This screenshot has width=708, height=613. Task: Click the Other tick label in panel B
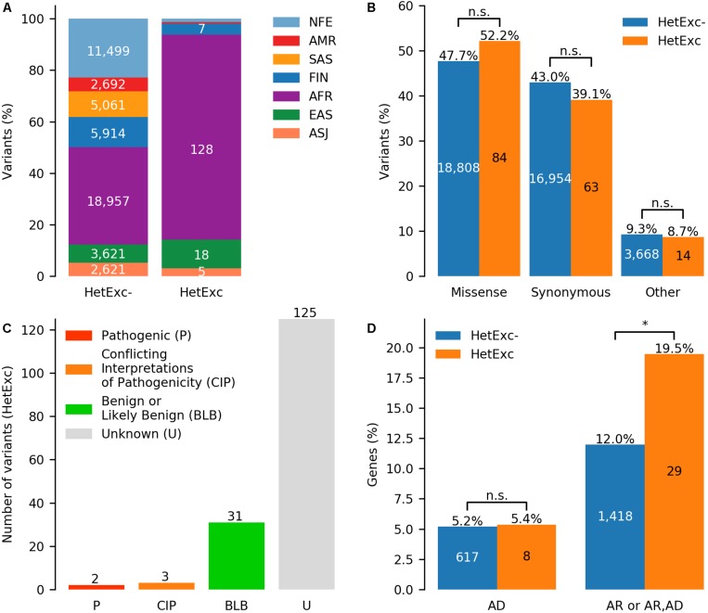point(663,293)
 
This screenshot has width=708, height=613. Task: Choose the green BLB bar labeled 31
point(238,556)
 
